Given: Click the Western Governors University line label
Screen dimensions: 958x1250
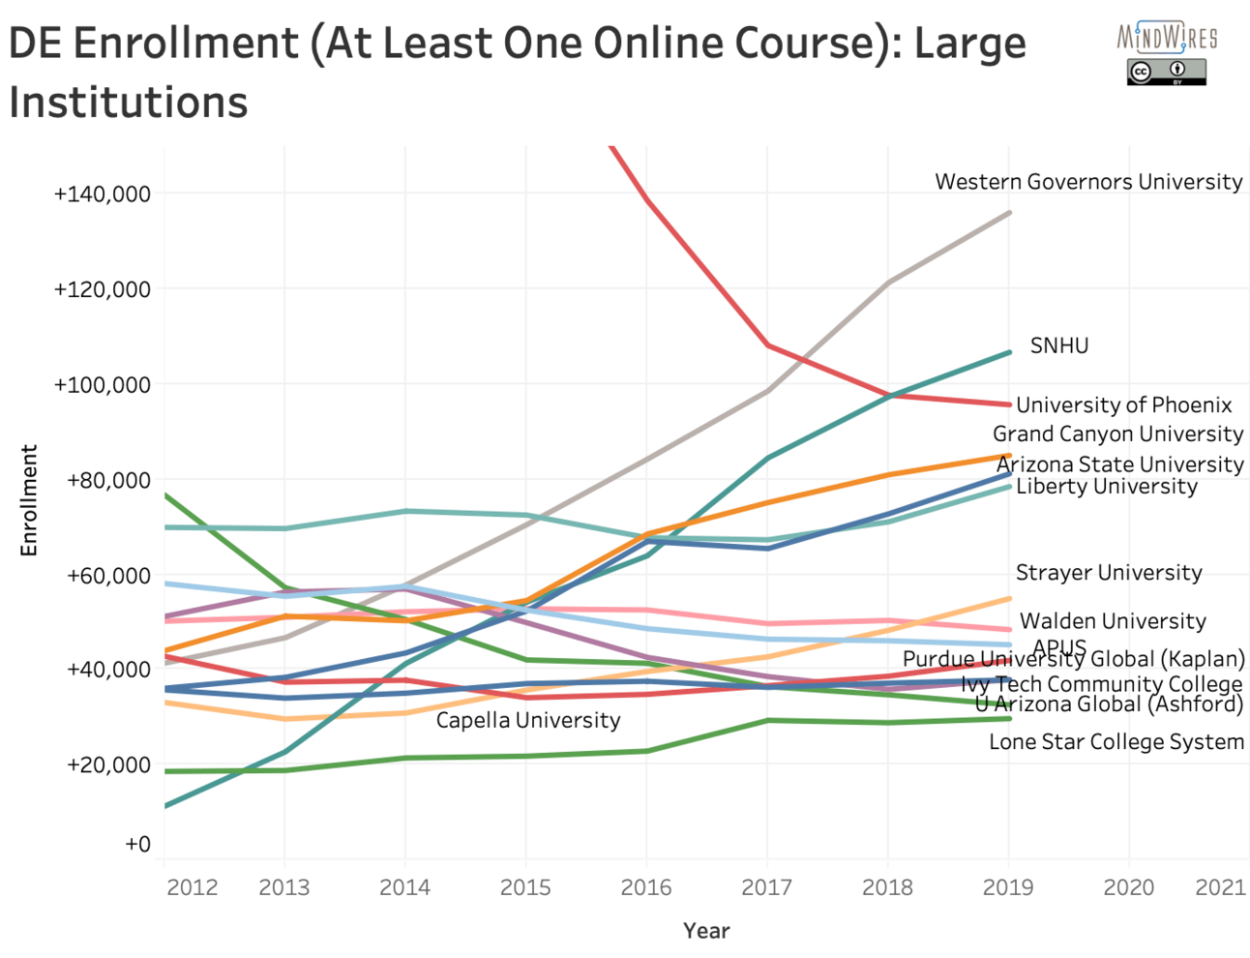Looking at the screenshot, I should point(1088,182).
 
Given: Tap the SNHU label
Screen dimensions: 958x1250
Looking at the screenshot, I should point(1058,345).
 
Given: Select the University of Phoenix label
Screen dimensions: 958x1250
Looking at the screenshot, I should point(1123,405).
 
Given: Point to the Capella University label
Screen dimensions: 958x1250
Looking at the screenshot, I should point(528,720).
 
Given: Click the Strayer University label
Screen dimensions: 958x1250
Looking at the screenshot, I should point(1109,573).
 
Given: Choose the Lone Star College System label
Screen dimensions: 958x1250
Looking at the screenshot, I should point(1116,742).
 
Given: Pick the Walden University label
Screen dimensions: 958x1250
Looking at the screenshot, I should point(1113,621).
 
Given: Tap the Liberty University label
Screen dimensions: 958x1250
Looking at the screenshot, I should point(1106,487).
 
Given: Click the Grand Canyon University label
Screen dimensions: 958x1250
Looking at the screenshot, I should point(1117,434).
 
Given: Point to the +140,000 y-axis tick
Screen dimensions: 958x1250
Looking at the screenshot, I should point(103,194).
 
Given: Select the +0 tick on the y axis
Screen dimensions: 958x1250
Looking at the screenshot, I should point(137,844).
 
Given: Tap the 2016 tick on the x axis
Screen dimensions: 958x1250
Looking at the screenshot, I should point(646,887).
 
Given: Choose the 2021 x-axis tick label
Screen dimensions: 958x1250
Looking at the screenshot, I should point(1220,887).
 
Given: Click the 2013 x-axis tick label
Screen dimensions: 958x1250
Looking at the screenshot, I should point(284,887).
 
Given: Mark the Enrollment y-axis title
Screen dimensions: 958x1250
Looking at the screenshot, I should point(29,500).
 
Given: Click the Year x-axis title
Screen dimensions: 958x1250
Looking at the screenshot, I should point(706,931).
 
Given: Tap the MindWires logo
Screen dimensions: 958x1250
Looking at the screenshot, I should point(1167,37).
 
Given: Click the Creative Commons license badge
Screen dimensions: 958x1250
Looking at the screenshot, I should point(1166,72).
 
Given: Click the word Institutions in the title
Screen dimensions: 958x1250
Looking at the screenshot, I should point(129,103).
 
